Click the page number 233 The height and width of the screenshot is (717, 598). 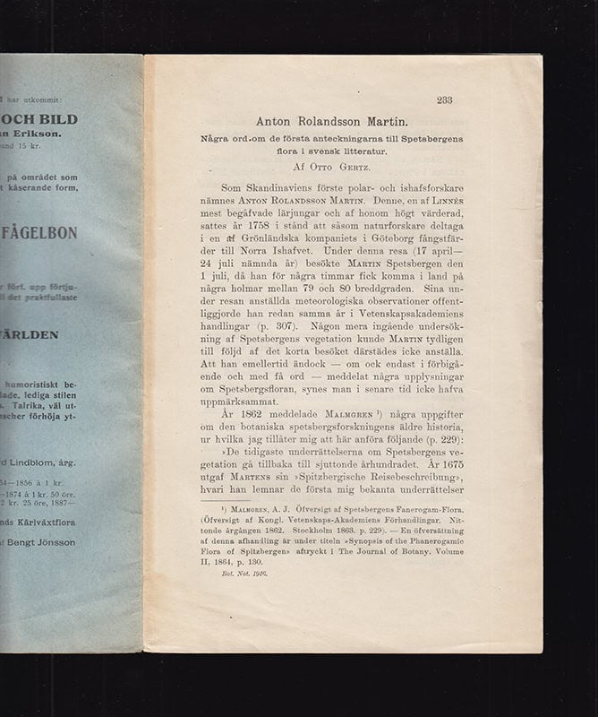[x=445, y=100]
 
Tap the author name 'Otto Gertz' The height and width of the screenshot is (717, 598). [x=344, y=166]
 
